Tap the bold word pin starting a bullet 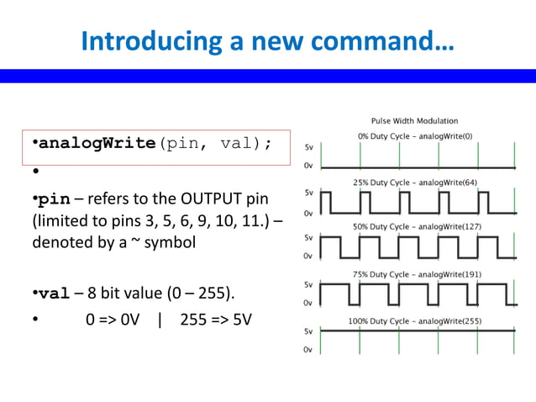[x=55, y=200]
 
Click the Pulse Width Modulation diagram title [x=414, y=121]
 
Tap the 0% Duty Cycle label [x=414, y=135]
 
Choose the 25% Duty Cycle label [x=414, y=182]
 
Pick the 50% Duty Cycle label [x=414, y=227]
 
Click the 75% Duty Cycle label [x=414, y=274]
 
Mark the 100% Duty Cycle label [x=414, y=321]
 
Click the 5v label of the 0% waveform [x=309, y=146]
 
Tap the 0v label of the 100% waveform [x=309, y=349]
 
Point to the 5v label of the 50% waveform [x=309, y=238]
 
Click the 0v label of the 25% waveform [x=309, y=212]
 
